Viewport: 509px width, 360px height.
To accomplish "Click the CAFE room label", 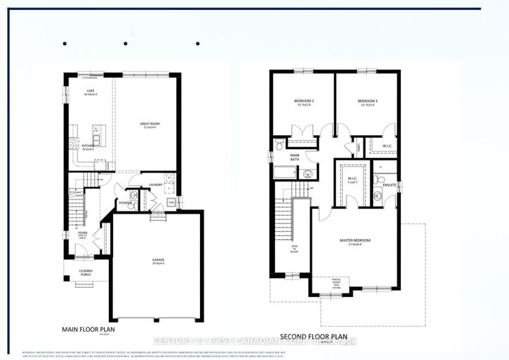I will click(90, 91).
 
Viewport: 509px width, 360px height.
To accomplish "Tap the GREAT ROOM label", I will click(149, 123).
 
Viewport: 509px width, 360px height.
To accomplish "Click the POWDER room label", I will click(126, 202).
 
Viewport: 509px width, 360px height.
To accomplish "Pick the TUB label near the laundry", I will click(171, 202).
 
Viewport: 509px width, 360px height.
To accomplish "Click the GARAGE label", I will click(158, 260).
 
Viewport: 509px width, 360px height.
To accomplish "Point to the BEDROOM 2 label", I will click(304, 100).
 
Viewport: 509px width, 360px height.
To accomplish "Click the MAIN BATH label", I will click(295, 157).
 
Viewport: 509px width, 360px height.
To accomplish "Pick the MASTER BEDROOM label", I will click(356, 241).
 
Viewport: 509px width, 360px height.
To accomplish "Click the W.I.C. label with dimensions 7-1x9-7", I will click(351, 180).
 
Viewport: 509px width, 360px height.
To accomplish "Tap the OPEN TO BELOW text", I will click(294, 249).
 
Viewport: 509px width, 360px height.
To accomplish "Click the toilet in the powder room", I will click(134, 194).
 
